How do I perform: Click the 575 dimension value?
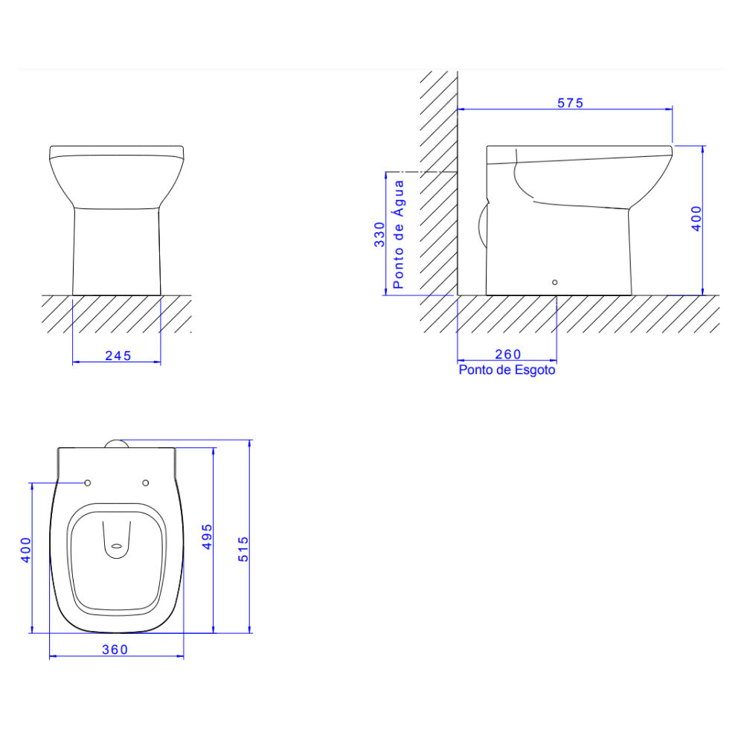click(x=570, y=103)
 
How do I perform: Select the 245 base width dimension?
click(x=118, y=356)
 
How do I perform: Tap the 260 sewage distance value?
click(x=507, y=354)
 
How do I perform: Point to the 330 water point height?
click(x=379, y=234)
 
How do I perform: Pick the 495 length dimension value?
click(x=207, y=536)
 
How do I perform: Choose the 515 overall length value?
click(x=243, y=549)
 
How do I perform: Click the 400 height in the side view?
click(x=696, y=218)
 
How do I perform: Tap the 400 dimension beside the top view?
click(x=25, y=550)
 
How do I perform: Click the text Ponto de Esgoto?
click(x=507, y=370)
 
